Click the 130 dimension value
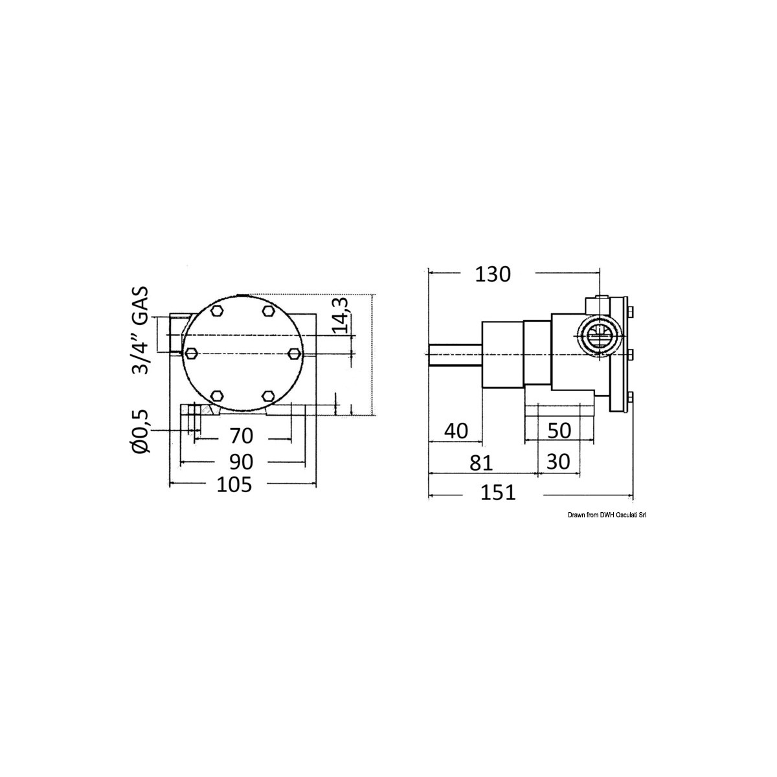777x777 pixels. click(492, 275)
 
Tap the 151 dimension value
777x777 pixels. click(498, 492)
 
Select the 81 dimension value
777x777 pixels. click(482, 462)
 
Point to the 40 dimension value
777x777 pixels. click(456, 431)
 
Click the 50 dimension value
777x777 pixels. click(559, 431)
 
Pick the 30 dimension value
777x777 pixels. click(558, 462)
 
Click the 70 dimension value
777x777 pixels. click(241, 436)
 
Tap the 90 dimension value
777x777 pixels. click(241, 462)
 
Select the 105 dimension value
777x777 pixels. click(234, 485)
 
